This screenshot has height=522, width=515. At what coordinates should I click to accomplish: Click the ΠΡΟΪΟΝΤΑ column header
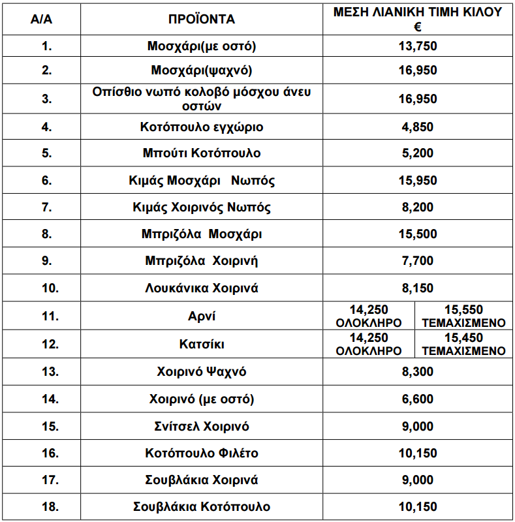click(202, 19)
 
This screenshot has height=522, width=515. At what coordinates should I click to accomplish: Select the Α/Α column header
click(41, 19)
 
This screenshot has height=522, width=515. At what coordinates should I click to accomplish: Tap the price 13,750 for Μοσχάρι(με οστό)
click(417, 46)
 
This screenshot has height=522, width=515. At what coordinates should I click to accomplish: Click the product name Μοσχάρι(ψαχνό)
click(202, 70)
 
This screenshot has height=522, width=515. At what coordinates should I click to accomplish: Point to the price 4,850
click(417, 127)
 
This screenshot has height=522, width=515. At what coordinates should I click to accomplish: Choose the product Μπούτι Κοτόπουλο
click(202, 153)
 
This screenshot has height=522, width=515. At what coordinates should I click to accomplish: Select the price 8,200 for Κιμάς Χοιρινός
click(417, 207)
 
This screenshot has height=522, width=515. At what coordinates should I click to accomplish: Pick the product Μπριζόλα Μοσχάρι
click(202, 234)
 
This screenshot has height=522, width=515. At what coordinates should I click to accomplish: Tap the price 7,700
click(417, 261)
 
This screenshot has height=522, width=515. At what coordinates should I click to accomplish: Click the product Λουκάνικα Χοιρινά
click(202, 288)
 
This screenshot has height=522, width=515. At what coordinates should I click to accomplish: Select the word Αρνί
click(202, 316)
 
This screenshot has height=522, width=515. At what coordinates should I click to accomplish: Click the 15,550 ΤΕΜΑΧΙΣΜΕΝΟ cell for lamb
click(463, 316)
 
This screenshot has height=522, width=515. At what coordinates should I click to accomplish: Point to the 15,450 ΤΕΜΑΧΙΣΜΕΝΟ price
click(463, 344)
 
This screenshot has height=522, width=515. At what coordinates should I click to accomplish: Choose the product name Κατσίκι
click(202, 344)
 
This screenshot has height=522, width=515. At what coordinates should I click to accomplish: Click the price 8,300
click(417, 372)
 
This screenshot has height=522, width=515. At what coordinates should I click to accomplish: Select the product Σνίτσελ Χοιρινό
click(202, 426)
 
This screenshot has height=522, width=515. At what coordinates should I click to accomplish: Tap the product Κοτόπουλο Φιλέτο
click(202, 453)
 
